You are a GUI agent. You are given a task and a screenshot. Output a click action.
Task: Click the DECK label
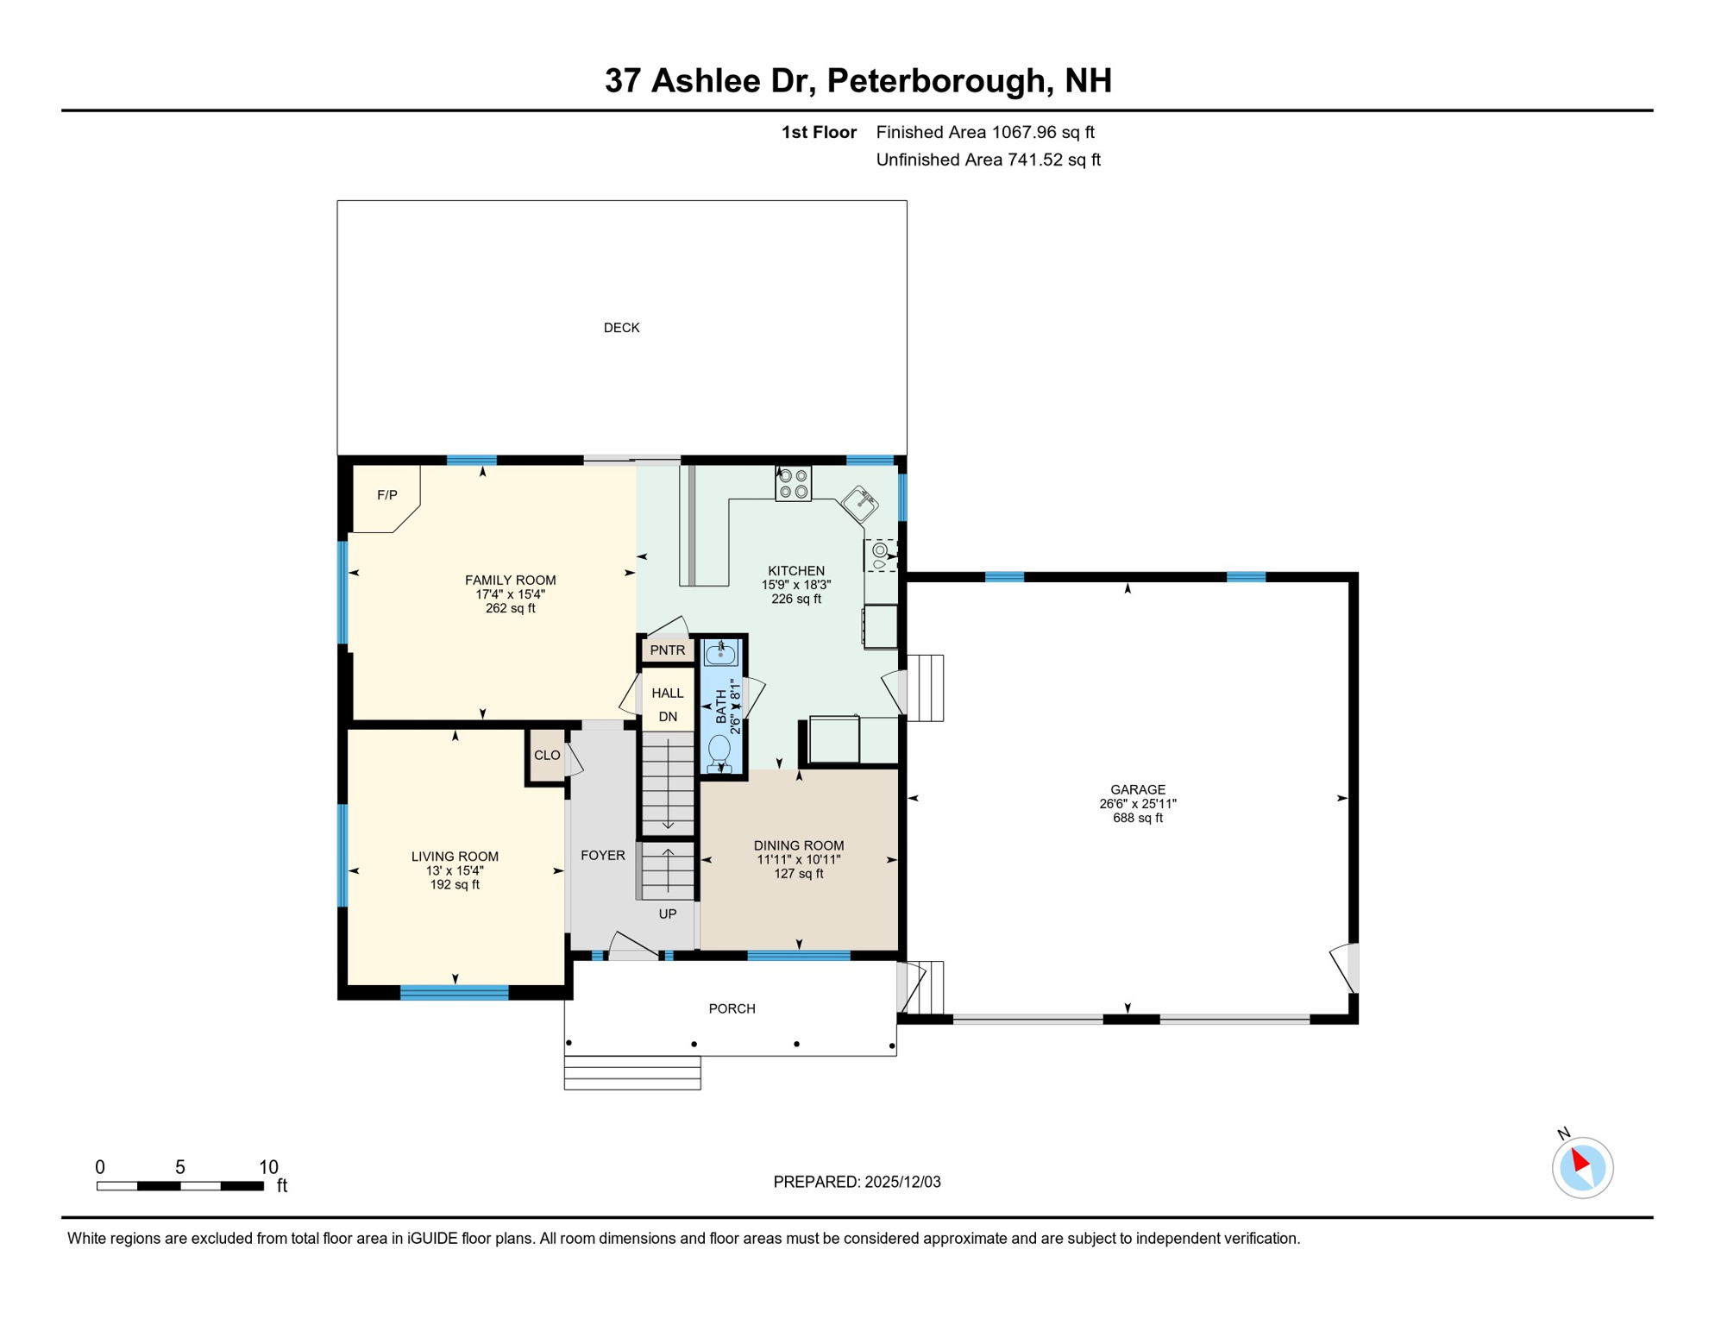621,328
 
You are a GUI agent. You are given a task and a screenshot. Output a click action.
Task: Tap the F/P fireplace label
387,495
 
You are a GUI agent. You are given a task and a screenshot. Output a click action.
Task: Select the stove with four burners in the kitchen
793,484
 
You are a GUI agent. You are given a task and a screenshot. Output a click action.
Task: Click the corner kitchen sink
860,504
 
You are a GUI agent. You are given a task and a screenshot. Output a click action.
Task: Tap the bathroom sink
720,653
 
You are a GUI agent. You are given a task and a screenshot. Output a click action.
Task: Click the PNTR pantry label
668,650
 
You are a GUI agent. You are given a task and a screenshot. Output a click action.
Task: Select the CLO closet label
547,756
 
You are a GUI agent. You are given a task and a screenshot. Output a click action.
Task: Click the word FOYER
603,856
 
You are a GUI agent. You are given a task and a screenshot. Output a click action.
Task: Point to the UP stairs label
668,914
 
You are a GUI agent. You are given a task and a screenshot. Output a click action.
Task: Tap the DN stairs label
668,717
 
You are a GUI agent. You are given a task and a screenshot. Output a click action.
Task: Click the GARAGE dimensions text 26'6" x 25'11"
1138,804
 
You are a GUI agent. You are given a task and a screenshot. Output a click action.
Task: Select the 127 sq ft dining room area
799,874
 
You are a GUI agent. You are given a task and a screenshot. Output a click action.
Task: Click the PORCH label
732,1009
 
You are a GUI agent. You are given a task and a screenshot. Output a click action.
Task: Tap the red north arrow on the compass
1580,1159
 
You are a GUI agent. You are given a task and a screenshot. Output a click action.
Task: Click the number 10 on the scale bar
268,1167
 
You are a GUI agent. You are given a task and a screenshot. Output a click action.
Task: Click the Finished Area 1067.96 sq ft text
985,133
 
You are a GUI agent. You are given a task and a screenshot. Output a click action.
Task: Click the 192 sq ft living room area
455,885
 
